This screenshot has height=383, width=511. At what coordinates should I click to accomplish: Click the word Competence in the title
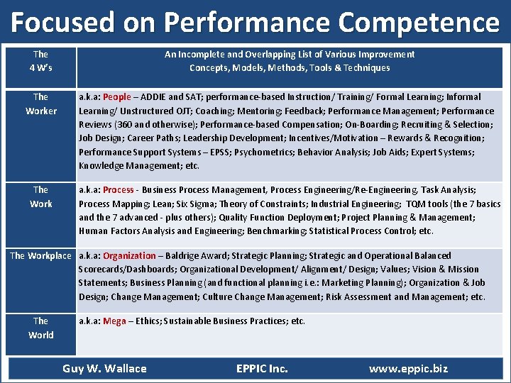419,23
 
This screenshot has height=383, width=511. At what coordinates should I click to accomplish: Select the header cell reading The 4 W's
40,61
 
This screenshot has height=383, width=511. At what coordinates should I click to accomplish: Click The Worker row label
40,104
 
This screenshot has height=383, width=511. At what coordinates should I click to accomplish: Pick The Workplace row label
40,255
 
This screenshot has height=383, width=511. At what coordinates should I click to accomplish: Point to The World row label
40,328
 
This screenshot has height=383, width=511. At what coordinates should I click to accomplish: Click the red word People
117,97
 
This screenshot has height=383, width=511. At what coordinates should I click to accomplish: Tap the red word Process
119,190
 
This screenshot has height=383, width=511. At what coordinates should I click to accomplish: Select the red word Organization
129,256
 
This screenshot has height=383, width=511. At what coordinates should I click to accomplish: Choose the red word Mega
114,321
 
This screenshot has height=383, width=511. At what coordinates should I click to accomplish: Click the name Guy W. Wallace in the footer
104,368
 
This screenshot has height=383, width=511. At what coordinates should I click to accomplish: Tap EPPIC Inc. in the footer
262,368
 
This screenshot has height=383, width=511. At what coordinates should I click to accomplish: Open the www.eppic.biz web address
408,368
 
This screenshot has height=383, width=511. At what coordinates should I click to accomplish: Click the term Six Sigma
200,204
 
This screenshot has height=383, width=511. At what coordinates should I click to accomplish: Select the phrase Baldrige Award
195,256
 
